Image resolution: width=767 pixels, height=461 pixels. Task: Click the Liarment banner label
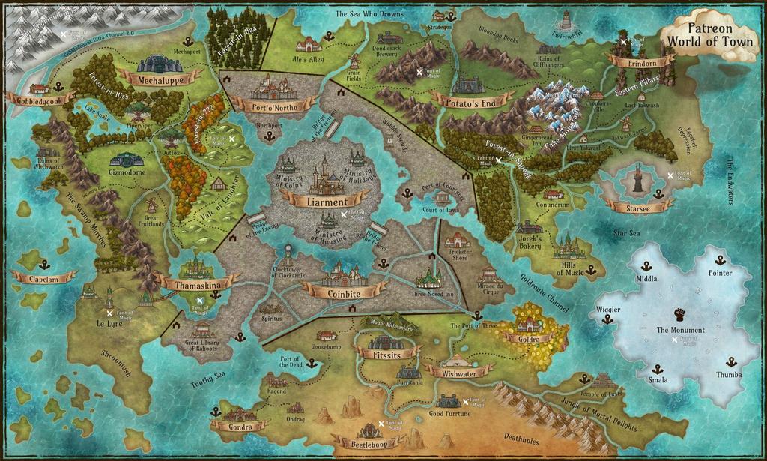click(x=327, y=202)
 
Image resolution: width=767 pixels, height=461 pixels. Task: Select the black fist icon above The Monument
click(x=679, y=314)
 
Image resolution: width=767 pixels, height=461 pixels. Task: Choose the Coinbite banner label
click(x=345, y=293)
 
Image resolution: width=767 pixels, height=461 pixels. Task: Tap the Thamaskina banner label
click(x=197, y=285)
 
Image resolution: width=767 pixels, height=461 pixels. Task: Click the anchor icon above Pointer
click(x=720, y=260)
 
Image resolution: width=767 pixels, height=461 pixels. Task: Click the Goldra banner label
click(x=530, y=338)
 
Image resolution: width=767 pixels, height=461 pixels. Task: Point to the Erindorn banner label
click(x=642, y=64)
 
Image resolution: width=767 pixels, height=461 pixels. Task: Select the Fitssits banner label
click(x=386, y=352)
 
